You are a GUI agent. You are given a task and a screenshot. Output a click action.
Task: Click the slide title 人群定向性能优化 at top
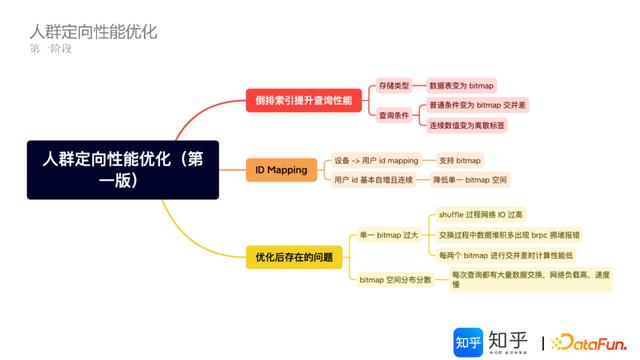(x=93, y=31)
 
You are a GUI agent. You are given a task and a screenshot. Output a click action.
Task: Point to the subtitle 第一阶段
(x=51, y=49)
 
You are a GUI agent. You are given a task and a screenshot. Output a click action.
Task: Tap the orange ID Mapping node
(x=281, y=170)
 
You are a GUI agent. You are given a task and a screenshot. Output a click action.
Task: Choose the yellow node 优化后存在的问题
(x=292, y=258)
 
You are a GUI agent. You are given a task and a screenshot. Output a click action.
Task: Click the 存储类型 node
(x=393, y=87)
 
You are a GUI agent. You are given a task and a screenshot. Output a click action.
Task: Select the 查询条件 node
(x=393, y=115)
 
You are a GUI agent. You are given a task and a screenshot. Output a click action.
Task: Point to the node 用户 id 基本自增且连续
(x=372, y=180)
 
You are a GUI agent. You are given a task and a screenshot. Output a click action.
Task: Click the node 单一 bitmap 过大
(x=388, y=234)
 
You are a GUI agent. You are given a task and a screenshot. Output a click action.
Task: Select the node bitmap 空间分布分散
(x=395, y=280)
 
